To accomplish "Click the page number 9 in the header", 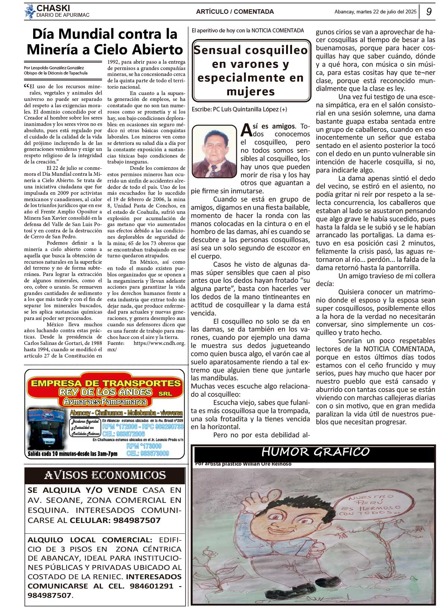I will [x=429, y=12].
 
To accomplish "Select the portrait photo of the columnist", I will [x=214, y=151].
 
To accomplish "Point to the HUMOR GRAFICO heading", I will [x=315, y=452].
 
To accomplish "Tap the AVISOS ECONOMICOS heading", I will [x=105, y=475].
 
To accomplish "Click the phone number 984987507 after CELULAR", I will [x=137, y=520].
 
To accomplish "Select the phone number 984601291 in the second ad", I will [x=152, y=586].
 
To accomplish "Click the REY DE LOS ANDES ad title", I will [x=105, y=392].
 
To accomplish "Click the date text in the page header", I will [x=375, y=12].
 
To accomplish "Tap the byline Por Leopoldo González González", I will [x=54, y=68].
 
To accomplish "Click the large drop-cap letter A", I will [x=246, y=130].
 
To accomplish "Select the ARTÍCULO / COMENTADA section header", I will [x=235, y=12].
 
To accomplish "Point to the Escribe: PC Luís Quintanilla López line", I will [x=239, y=110].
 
